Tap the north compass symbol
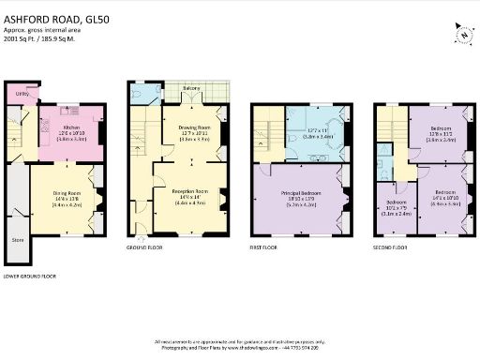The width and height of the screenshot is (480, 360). (x=462, y=35)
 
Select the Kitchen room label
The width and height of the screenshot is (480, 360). (x=74, y=126)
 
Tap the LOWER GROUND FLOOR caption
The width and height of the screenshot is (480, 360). (x=31, y=277)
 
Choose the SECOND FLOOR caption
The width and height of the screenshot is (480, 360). (x=390, y=249)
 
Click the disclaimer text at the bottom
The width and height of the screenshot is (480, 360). (x=240, y=342)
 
